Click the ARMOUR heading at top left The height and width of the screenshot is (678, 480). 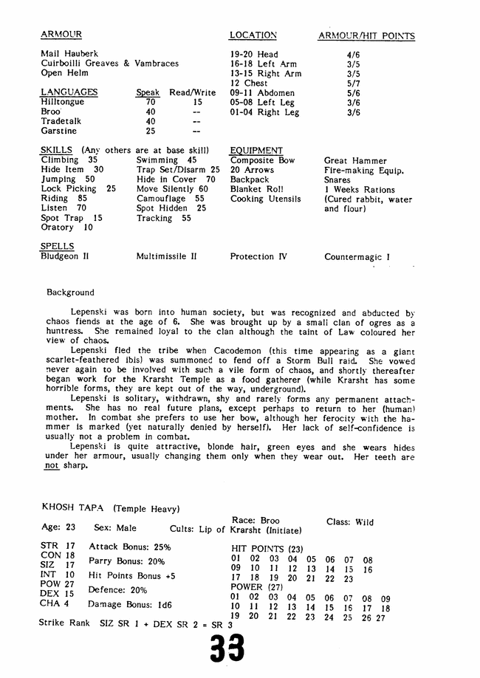61,35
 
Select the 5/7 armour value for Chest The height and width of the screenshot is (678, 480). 353,83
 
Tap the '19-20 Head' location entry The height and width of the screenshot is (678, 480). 253,54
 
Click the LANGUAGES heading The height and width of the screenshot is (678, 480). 69,92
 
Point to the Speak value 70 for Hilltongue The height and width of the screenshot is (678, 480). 151,103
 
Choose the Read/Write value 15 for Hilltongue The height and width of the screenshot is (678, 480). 197,103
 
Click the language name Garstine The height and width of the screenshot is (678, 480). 59,131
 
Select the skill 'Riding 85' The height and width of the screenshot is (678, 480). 64,199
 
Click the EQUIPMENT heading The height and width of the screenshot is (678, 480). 256,151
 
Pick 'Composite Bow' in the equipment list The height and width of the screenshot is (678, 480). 262,160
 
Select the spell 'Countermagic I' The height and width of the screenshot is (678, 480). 357,258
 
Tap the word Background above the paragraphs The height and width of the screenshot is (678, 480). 70,292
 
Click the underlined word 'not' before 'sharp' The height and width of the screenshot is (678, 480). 51,466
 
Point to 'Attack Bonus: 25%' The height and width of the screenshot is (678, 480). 130,547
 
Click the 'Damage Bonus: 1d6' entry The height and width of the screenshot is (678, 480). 130,604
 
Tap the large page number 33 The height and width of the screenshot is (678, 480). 227,649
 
